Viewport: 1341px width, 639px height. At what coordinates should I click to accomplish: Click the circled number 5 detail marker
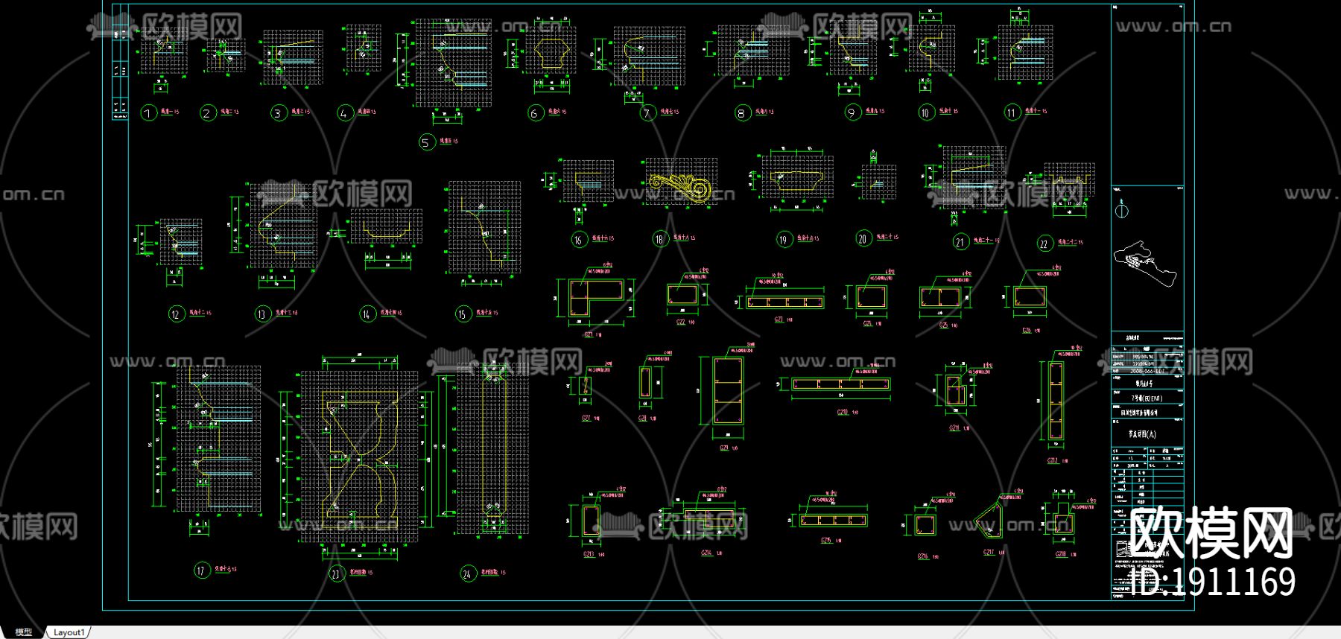click(427, 142)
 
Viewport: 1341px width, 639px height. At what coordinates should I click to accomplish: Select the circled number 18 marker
click(659, 239)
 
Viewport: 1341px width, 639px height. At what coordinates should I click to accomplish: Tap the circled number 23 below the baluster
click(337, 574)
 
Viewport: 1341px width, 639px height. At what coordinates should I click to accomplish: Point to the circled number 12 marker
click(175, 314)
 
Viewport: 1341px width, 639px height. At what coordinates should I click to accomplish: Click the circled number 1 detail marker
click(149, 113)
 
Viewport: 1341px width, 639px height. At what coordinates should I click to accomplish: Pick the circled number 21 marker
click(960, 241)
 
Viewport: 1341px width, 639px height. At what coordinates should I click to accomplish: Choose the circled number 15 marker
click(462, 314)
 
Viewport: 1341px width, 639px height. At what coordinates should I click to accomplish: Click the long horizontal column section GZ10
click(840, 385)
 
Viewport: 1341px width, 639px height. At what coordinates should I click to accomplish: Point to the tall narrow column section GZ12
click(1055, 401)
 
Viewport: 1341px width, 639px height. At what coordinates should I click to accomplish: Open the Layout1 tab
click(69, 632)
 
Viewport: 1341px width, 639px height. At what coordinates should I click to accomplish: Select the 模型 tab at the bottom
click(24, 632)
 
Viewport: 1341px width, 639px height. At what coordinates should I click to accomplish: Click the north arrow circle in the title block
click(1122, 211)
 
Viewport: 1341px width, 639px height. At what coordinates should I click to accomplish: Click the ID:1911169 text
click(1212, 582)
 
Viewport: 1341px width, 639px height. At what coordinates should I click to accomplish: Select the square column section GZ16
click(924, 524)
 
